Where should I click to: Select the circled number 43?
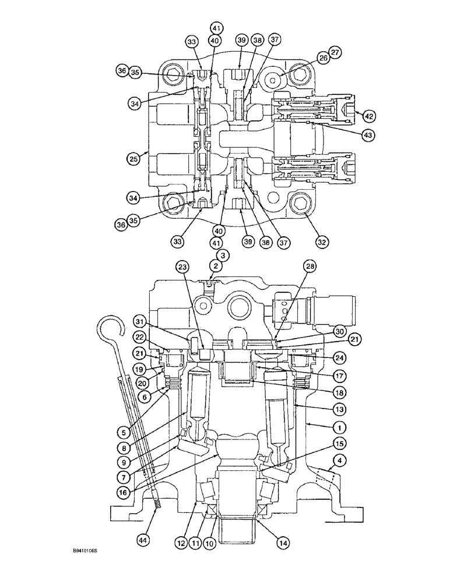coord(367,134)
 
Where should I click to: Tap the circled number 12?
coord(182,542)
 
